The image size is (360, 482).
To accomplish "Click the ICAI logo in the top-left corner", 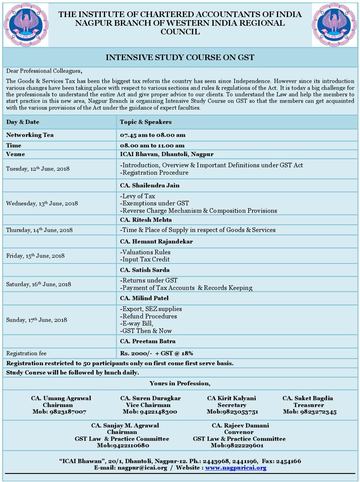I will click(26, 25).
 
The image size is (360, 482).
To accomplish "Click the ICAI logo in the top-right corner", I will click(334, 25).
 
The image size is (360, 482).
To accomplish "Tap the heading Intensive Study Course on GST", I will click(180, 58).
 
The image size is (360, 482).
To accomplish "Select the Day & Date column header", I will click(23, 122).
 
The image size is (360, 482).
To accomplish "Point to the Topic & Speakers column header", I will click(146, 122).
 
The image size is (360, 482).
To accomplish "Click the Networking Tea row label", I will click(30, 135).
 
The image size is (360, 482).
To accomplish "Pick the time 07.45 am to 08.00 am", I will click(152, 135).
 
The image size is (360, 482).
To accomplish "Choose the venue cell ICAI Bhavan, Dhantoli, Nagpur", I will click(167, 154).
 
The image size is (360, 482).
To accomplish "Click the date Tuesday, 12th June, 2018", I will click(38, 169).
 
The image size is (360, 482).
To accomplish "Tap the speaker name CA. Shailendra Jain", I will click(150, 186).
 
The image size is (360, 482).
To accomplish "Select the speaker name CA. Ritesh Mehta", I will click(146, 220).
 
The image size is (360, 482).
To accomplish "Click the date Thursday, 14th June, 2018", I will click(39, 230).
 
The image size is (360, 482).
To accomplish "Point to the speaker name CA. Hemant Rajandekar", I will click(157, 242).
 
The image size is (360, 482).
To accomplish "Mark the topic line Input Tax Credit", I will click(145, 259).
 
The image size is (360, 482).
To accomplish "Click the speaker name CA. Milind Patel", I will click(144, 298).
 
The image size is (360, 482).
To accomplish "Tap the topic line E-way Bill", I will click(137, 323).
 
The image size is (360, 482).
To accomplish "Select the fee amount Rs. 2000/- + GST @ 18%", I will click(157, 353).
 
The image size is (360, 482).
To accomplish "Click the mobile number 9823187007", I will click(67, 412).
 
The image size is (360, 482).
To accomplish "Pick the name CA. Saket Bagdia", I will click(308, 398).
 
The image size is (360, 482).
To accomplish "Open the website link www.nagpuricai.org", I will click(236, 468).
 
